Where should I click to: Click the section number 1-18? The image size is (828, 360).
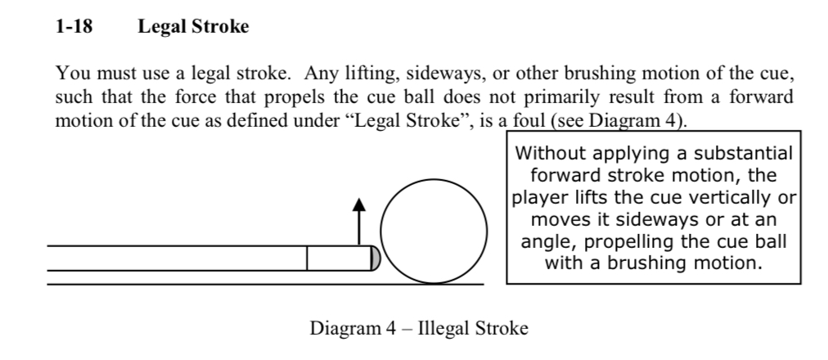pyautogui.click(x=74, y=27)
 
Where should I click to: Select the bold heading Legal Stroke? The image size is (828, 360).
pyautogui.click(x=193, y=27)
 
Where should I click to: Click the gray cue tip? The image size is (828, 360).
pyautogui.click(x=375, y=258)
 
